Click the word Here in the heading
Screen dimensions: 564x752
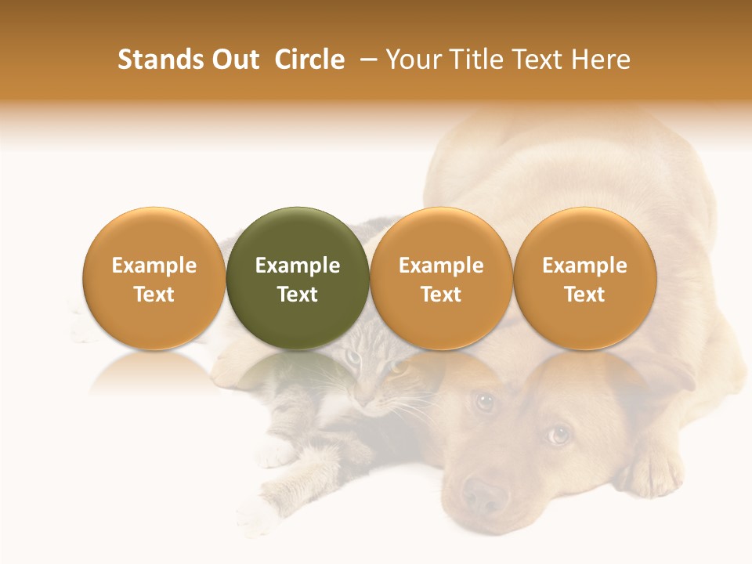601,60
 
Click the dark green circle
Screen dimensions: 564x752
298,278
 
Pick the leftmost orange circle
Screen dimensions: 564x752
154,278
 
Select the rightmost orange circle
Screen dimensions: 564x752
585,278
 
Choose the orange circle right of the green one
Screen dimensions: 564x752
441,278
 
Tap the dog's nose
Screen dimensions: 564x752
483,495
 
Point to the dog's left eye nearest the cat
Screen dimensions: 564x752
485,402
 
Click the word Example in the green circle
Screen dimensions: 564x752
298,266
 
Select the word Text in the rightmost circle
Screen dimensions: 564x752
585,295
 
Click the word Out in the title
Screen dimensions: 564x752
235,60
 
